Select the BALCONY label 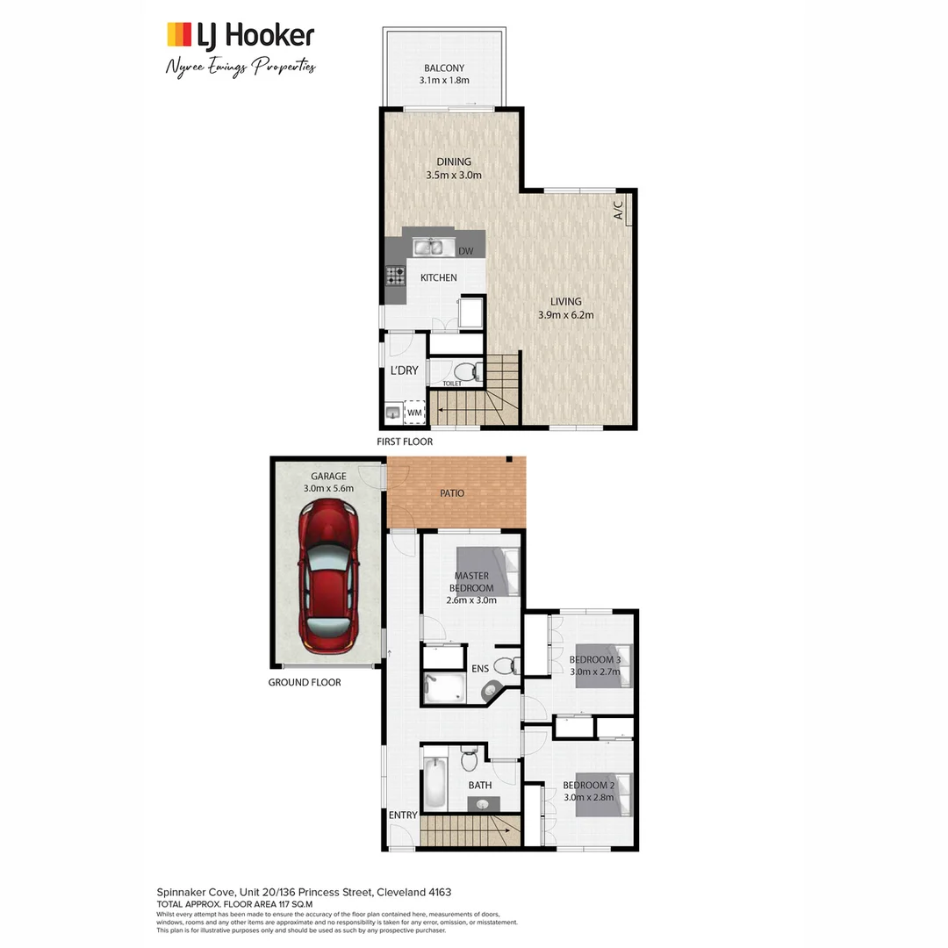coord(443,68)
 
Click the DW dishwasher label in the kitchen coord(465,252)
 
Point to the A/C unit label coord(618,211)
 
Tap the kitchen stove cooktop coord(394,276)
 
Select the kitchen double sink coord(429,248)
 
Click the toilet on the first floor coord(468,370)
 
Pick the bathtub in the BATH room coord(435,784)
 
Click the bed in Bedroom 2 coord(604,794)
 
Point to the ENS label coord(480,669)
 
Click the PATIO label coord(452,493)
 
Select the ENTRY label coord(403,815)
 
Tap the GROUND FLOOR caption coord(305,682)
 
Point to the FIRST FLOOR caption coord(405,442)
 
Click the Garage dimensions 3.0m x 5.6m coord(327,489)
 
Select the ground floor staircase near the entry coord(465,830)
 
